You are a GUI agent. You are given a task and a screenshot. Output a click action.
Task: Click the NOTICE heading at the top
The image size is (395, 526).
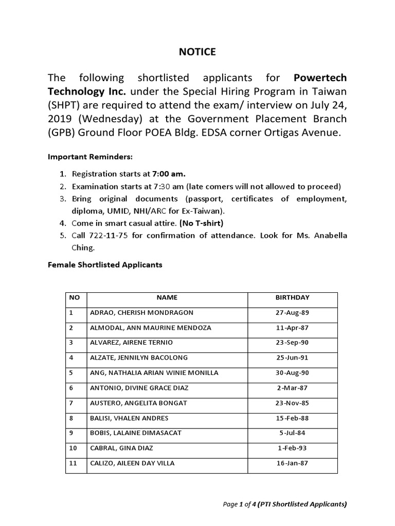click(197, 52)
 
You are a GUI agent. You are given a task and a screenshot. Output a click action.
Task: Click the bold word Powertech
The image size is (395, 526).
click(320, 78)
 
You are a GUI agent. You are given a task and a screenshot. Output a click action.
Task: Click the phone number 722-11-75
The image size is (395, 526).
click(105, 235)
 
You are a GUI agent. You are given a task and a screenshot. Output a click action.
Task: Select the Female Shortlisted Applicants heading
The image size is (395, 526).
click(105, 265)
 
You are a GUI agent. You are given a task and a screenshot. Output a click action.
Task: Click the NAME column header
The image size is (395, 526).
click(167, 297)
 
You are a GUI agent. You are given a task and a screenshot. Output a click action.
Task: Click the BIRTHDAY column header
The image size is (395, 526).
click(292, 297)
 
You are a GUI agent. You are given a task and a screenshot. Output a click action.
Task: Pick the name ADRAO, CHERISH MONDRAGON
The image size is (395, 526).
click(134, 312)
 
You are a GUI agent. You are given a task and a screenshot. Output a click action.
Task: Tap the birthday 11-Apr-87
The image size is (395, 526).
click(292, 328)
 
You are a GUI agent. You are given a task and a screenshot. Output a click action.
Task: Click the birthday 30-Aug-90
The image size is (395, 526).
click(292, 372)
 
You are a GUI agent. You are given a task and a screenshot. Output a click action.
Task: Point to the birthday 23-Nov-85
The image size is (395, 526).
click(292, 403)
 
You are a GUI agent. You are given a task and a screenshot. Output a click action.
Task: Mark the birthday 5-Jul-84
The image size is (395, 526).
click(292, 433)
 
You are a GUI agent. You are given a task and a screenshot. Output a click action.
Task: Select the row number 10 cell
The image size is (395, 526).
click(76, 448)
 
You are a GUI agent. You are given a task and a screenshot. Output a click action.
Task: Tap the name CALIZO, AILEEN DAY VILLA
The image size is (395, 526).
click(132, 463)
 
